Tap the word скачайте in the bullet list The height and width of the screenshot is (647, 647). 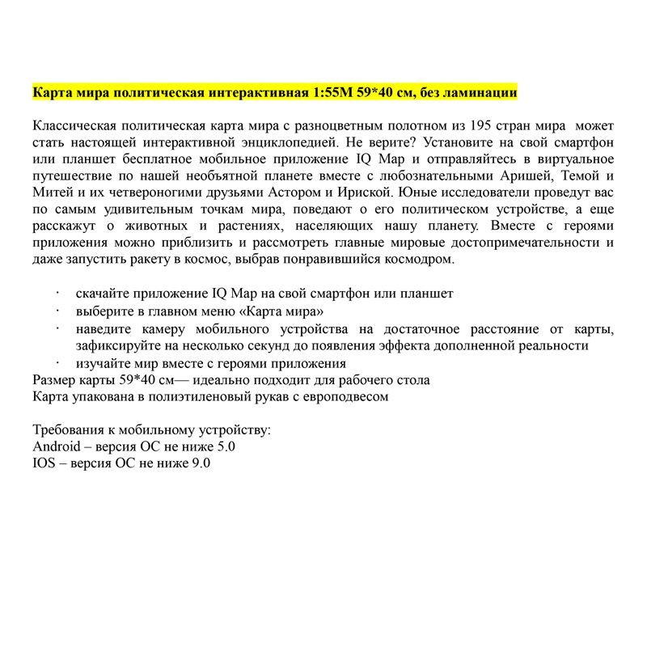click(x=102, y=294)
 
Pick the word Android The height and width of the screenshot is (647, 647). click(x=56, y=446)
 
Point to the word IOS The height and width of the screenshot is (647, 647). click(x=44, y=463)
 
